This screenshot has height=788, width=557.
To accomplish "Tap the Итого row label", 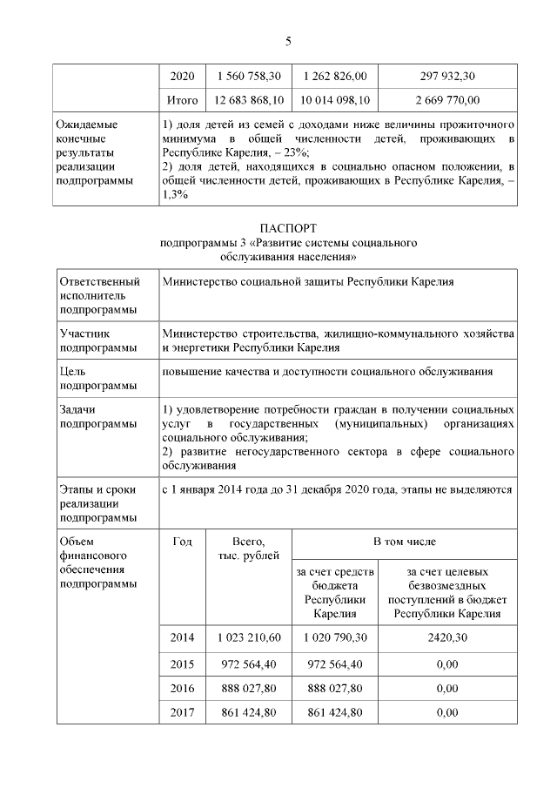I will point(183,100).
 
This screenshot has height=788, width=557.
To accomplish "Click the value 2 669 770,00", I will point(447,100).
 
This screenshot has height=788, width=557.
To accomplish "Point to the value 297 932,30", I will point(447,76).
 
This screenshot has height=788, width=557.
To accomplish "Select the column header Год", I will point(183,542).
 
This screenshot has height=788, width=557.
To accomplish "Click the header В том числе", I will point(403,542).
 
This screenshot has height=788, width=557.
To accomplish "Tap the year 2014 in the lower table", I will point(183,637).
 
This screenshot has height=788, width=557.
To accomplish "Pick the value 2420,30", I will point(447,637).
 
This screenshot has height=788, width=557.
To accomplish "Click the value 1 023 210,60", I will point(248,637).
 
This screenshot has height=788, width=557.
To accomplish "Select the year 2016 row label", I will point(183,688).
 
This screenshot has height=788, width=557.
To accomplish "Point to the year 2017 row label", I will point(183,713).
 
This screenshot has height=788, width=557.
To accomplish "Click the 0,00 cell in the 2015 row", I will point(447,663).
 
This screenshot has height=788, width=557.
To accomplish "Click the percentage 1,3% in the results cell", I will point(175,195).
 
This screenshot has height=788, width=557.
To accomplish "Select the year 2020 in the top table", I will point(183,76).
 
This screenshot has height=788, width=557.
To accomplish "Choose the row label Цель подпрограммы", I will point(97,378).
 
